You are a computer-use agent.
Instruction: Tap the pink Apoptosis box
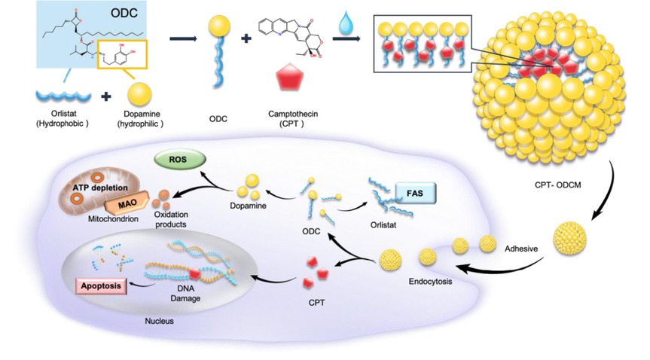click(99, 287)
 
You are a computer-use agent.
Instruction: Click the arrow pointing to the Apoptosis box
click(137, 285)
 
